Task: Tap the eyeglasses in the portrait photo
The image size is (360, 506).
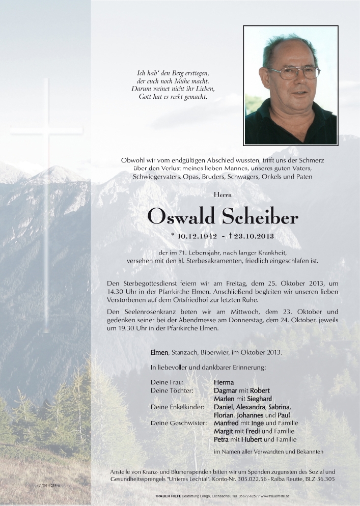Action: (x=294, y=72)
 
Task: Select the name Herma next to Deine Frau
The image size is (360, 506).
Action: (x=225, y=381)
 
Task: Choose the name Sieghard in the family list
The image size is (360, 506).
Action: (x=258, y=398)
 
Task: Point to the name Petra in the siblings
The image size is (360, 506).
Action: (x=222, y=439)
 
